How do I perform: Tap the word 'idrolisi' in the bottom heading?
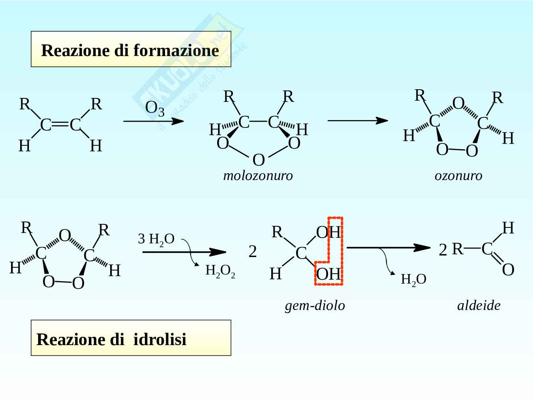[x=160, y=340]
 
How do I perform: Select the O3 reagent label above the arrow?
[x=154, y=109]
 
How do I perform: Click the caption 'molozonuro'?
[x=258, y=175]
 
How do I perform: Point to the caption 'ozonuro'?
[x=458, y=175]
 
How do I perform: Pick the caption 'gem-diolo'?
[x=315, y=305]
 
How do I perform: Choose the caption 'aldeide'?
[x=479, y=305]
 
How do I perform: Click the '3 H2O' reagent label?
[x=156, y=239]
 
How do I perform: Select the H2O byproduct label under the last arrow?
[x=413, y=280]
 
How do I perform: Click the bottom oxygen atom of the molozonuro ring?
[x=258, y=160]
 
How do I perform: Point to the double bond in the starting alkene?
[x=60, y=125]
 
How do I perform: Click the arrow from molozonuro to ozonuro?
[x=357, y=120]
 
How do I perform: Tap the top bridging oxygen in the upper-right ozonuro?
[x=458, y=103]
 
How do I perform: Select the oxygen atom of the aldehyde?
[x=508, y=270]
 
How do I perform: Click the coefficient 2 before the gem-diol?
[x=253, y=252]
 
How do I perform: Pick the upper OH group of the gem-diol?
[x=328, y=233]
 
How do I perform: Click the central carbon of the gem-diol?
[x=301, y=253]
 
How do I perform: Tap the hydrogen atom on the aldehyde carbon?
[x=508, y=228]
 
